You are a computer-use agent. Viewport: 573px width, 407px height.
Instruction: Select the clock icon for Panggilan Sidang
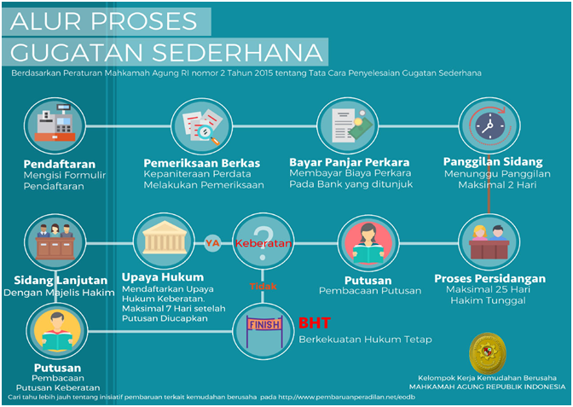coord(489,125)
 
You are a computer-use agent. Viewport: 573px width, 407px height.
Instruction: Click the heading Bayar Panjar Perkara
coord(350,162)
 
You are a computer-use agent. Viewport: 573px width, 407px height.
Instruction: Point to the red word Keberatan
coord(263,243)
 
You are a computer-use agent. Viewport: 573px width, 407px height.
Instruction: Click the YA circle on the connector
coord(212,243)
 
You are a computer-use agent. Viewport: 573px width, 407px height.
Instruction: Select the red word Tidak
coord(263,287)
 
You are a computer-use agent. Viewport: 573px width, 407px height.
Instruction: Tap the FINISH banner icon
coord(264,331)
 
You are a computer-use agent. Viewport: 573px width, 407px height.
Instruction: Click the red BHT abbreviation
coord(315,323)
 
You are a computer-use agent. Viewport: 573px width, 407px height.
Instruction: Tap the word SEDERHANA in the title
coord(237,52)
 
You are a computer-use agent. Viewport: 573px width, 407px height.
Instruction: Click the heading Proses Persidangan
coord(489,279)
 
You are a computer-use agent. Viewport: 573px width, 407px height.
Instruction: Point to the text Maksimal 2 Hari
coord(497,184)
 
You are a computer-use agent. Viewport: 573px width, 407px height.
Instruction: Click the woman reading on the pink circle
coord(368,243)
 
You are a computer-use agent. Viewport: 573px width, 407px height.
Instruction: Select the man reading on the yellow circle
coord(57,332)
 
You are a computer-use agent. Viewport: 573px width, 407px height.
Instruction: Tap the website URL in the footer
coord(347,397)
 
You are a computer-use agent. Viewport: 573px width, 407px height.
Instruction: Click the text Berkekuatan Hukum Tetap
coord(366,340)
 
